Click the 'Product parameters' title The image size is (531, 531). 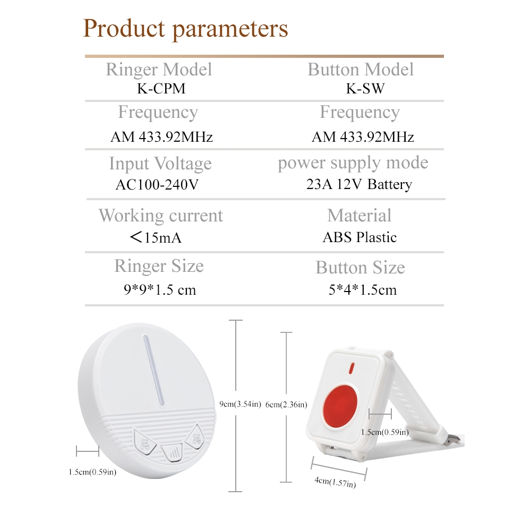[x=185, y=29]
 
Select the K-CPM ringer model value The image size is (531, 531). [x=161, y=88]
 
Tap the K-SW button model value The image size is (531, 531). [x=365, y=88]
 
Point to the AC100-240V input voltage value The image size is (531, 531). [x=157, y=185]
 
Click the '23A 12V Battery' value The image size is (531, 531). [x=359, y=185]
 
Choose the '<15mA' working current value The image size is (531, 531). [x=156, y=237]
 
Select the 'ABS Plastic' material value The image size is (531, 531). [x=359, y=237]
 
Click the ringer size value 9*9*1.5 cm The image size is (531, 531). [x=160, y=289]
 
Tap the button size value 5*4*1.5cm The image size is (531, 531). [x=362, y=290]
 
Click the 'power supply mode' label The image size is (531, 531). [x=353, y=163]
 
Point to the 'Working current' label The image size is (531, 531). [x=160, y=216]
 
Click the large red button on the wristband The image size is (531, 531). [x=340, y=405]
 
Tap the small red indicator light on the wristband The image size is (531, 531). [x=352, y=369]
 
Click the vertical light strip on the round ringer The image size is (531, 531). [x=154, y=370]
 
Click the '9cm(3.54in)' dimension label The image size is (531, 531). [x=240, y=404]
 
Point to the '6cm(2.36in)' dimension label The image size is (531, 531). [x=286, y=404]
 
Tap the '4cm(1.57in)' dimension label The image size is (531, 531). [x=335, y=483]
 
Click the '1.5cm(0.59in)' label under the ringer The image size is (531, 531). [x=92, y=472]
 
